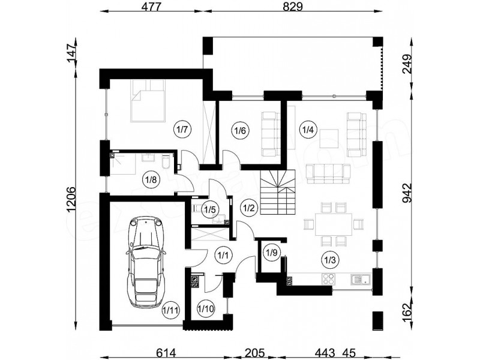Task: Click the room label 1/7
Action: tap(182, 130)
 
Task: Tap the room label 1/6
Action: tap(241, 131)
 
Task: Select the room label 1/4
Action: tap(308, 130)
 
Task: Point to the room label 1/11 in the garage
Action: tap(170, 310)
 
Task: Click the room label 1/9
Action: tap(272, 253)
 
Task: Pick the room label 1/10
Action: tap(206, 308)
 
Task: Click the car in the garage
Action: tap(146, 262)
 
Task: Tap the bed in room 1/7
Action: tap(148, 101)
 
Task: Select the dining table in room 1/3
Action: tap(334, 224)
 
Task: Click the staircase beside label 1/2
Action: tap(278, 193)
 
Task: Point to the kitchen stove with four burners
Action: tap(329, 279)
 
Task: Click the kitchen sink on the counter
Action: tap(361, 279)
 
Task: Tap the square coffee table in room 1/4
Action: tap(329, 139)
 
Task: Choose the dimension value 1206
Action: tap(70, 199)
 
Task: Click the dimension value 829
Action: tap(292, 7)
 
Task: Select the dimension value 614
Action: tap(166, 353)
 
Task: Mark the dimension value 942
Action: tap(407, 193)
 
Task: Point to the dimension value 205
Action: tap(254, 353)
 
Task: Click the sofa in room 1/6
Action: tap(271, 134)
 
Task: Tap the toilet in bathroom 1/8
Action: tap(166, 161)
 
